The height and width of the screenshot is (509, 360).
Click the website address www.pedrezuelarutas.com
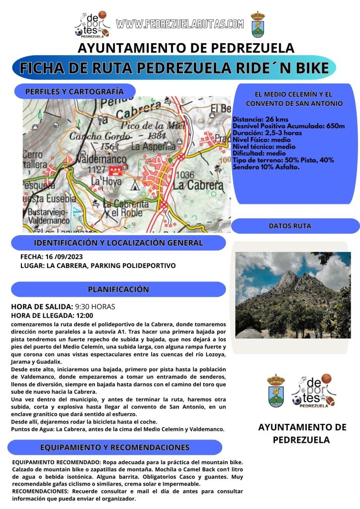pos(180,23)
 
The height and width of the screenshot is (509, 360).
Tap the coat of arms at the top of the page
pos(258,24)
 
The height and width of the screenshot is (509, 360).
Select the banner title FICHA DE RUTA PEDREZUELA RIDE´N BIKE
pos(175,68)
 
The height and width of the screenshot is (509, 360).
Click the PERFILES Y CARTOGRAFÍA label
pos(74,91)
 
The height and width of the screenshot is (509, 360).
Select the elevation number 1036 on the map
pos(184,174)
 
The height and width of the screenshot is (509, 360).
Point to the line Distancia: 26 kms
pos(261,119)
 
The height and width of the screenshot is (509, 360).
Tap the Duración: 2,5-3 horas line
pos(267,133)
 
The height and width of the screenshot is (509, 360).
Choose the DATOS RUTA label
pos(290,226)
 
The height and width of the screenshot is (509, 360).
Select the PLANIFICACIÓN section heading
pos(118,289)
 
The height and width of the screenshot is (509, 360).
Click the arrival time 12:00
pos(85,315)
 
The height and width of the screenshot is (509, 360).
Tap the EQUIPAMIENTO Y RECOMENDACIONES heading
pos(115,447)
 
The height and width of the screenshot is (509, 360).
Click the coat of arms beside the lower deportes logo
pos(276,390)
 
